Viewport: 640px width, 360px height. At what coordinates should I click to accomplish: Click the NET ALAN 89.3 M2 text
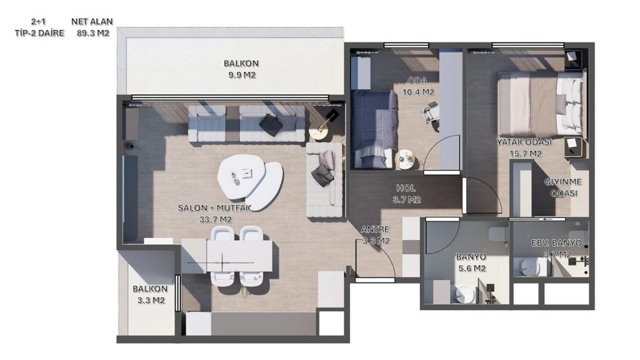(92, 27)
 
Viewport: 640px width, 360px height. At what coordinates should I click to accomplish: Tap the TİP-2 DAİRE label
(39, 33)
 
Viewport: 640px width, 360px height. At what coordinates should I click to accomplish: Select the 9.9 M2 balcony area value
(242, 75)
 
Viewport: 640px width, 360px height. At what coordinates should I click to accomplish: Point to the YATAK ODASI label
(524, 142)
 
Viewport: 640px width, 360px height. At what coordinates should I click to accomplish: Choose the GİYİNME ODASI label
(563, 187)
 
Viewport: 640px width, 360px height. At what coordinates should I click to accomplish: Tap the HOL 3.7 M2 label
(406, 194)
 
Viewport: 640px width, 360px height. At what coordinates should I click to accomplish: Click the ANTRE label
(376, 229)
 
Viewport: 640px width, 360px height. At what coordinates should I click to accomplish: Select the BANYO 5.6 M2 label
(471, 262)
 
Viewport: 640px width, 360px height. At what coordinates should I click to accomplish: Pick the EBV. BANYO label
(556, 243)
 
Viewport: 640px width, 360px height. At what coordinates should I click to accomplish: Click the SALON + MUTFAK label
(215, 207)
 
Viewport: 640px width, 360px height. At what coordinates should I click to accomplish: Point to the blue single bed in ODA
(374, 129)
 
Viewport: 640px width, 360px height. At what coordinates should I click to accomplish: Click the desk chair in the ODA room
(431, 111)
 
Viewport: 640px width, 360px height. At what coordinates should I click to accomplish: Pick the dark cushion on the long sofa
(270, 124)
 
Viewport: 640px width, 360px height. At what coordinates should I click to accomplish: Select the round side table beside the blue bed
(406, 159)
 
